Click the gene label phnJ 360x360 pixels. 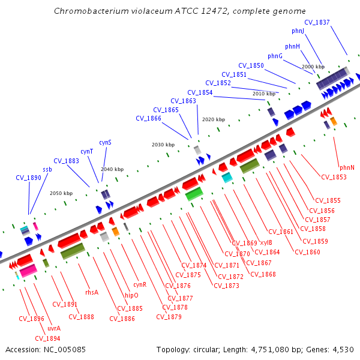click(298, 31)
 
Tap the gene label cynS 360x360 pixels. click(105, 142)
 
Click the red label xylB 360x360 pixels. click(266, 243)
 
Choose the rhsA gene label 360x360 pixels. click(92, 292)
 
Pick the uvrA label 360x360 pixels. click(54, 328)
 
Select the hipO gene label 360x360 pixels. click(131, 295)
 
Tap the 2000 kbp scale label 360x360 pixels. click(313, 67)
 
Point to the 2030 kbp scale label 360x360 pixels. click(163, 145)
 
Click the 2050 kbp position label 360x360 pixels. click(61, 193)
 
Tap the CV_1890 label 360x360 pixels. click(28, 178)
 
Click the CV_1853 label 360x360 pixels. click(334, 177)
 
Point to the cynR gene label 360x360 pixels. click(140, 284)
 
